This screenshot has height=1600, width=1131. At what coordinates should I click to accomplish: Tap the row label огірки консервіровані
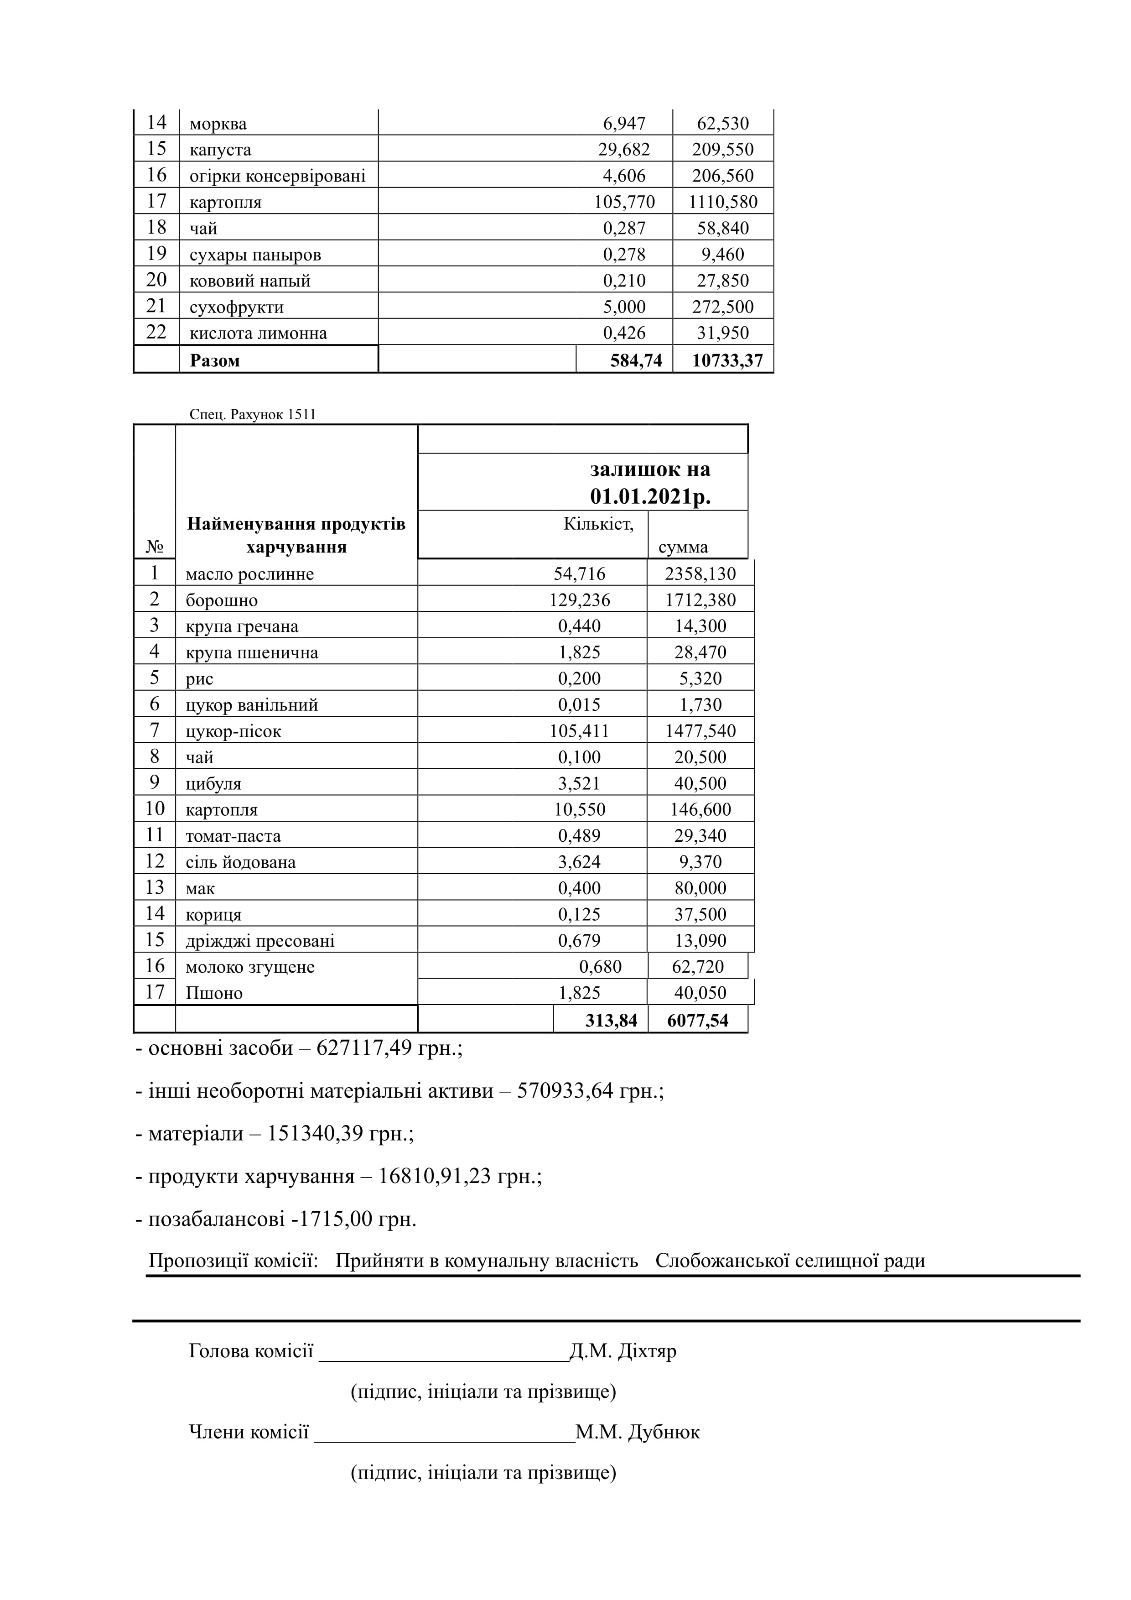pyautogui.click(x=277, y=176)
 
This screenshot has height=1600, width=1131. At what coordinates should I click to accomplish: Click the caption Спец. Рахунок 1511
pyautogui.click(x=252, y=415)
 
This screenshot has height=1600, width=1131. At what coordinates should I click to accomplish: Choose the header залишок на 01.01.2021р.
pyautogui.click(x=650, y=482)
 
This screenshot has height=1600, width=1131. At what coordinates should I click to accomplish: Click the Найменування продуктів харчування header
pyautogui.click(x=296, y=535)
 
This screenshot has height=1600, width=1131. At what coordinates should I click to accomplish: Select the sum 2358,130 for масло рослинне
pyautogui.click(x=700, y=574)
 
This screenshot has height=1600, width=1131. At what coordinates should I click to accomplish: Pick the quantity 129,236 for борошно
pyautogui.click(x=580, y=600)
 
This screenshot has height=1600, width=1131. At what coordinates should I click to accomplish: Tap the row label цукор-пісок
pyautogui.click(x=233, y=731)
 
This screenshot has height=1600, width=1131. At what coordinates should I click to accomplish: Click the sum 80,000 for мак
pyautogui.click(x=700, y=888)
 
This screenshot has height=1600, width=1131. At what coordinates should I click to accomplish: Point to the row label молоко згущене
pyautogui.click(x=250, y=967)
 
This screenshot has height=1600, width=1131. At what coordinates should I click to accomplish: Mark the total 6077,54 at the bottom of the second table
pyautogui.click(x=697, y=1020)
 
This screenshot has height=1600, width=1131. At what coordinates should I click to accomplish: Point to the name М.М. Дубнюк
pyautogui.click(x=637, y=1432)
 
